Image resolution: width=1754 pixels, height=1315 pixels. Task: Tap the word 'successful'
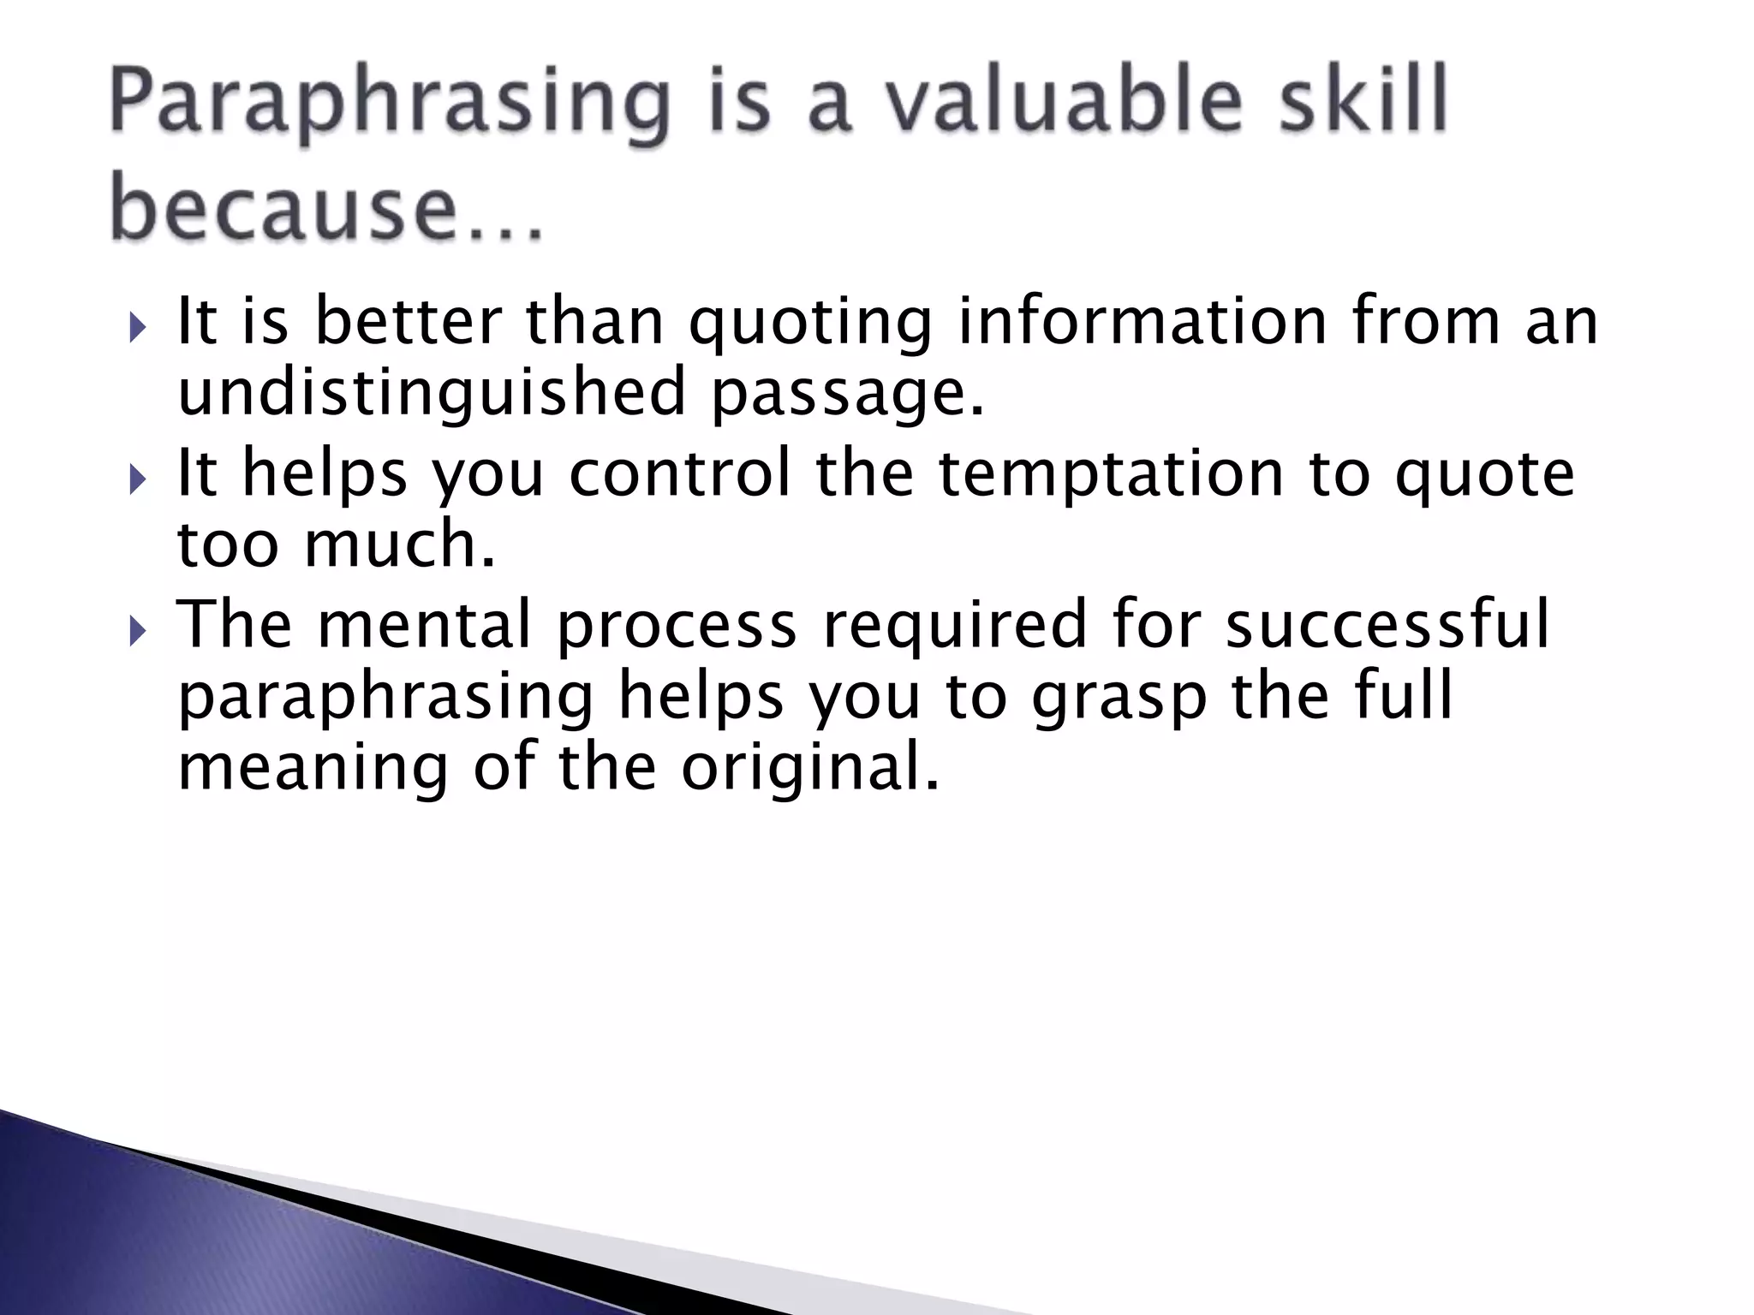pos(1387,623)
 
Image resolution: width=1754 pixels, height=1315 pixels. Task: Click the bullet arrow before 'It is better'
pos(140,328)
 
